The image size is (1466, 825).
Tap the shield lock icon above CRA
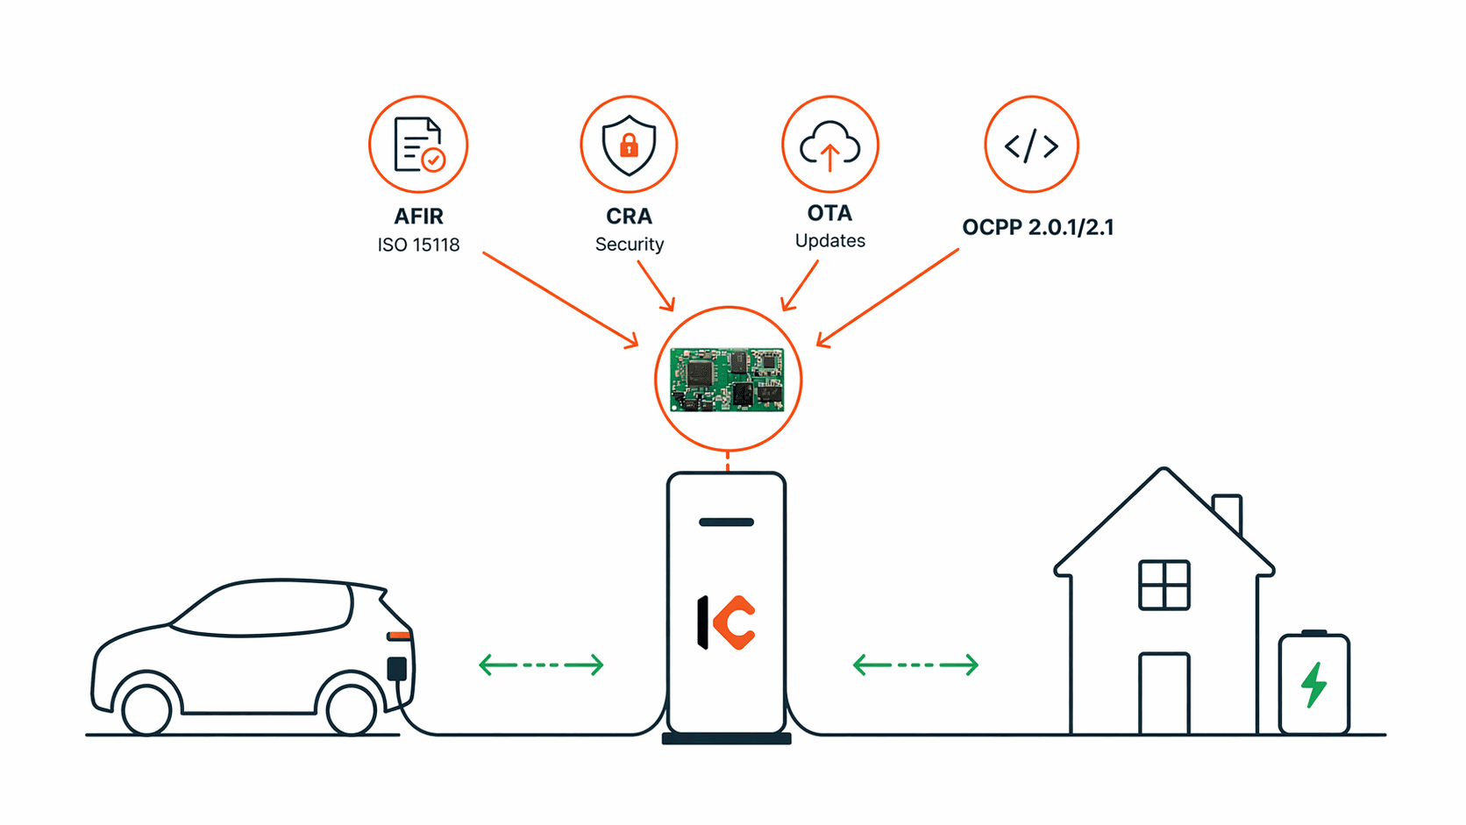coord(629,145)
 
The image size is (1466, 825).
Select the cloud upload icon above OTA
coord(829,145)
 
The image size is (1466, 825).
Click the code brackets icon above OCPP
coord(1031,145)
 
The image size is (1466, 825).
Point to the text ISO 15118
coord(418,245)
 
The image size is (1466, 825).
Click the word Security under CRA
coord(629,245)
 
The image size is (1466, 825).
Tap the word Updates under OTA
coord(829,241)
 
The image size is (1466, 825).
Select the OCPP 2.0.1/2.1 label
coord(1037,228)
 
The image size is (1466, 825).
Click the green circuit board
coord(727,380)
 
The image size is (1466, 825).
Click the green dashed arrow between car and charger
coord(541,665)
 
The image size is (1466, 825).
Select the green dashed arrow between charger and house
coord(915,665)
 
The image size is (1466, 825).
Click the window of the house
coord(1164,585)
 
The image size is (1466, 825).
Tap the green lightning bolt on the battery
coord(1313,685)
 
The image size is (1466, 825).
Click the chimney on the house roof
coord(1228,513)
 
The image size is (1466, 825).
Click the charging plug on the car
coord(397,669)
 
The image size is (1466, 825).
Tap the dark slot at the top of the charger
coord(726,523)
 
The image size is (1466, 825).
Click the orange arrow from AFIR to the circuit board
coord(560,300)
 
